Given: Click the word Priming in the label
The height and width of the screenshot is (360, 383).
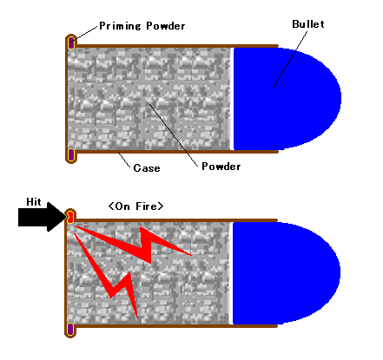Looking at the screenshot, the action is pos(120,26).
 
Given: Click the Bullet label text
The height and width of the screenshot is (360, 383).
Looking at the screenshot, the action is pos(308,24).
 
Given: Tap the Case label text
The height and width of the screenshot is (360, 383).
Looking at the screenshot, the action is pos(147,168).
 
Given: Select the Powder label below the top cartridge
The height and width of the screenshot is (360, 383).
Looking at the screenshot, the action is pos(221,167).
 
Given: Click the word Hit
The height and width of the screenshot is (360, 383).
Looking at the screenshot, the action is pos(34,202).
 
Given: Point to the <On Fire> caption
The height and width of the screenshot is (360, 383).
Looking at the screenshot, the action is pos(135,206).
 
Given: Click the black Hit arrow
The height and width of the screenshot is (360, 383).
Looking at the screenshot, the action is pos(43,217).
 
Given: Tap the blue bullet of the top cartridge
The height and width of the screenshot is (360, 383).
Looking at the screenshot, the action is pos(287,99).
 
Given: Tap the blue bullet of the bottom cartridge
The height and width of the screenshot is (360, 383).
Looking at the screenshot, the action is pos(286,273).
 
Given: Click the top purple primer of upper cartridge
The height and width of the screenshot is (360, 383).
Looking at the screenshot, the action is pos(71,43).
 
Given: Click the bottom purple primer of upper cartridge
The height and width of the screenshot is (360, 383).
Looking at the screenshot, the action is pos(71,155).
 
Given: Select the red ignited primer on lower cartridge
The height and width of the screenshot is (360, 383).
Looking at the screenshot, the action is pos(70,217).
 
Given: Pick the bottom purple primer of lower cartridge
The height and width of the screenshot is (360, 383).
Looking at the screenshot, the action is pos(70,330).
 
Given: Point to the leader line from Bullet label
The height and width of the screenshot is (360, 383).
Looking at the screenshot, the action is pos(290,60).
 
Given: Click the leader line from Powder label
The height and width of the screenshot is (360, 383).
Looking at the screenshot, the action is pos(174,135).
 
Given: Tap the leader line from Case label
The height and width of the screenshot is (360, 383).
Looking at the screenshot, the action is pos(124,160).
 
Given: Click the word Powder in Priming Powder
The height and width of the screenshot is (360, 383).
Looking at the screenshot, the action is pos(166,26).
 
